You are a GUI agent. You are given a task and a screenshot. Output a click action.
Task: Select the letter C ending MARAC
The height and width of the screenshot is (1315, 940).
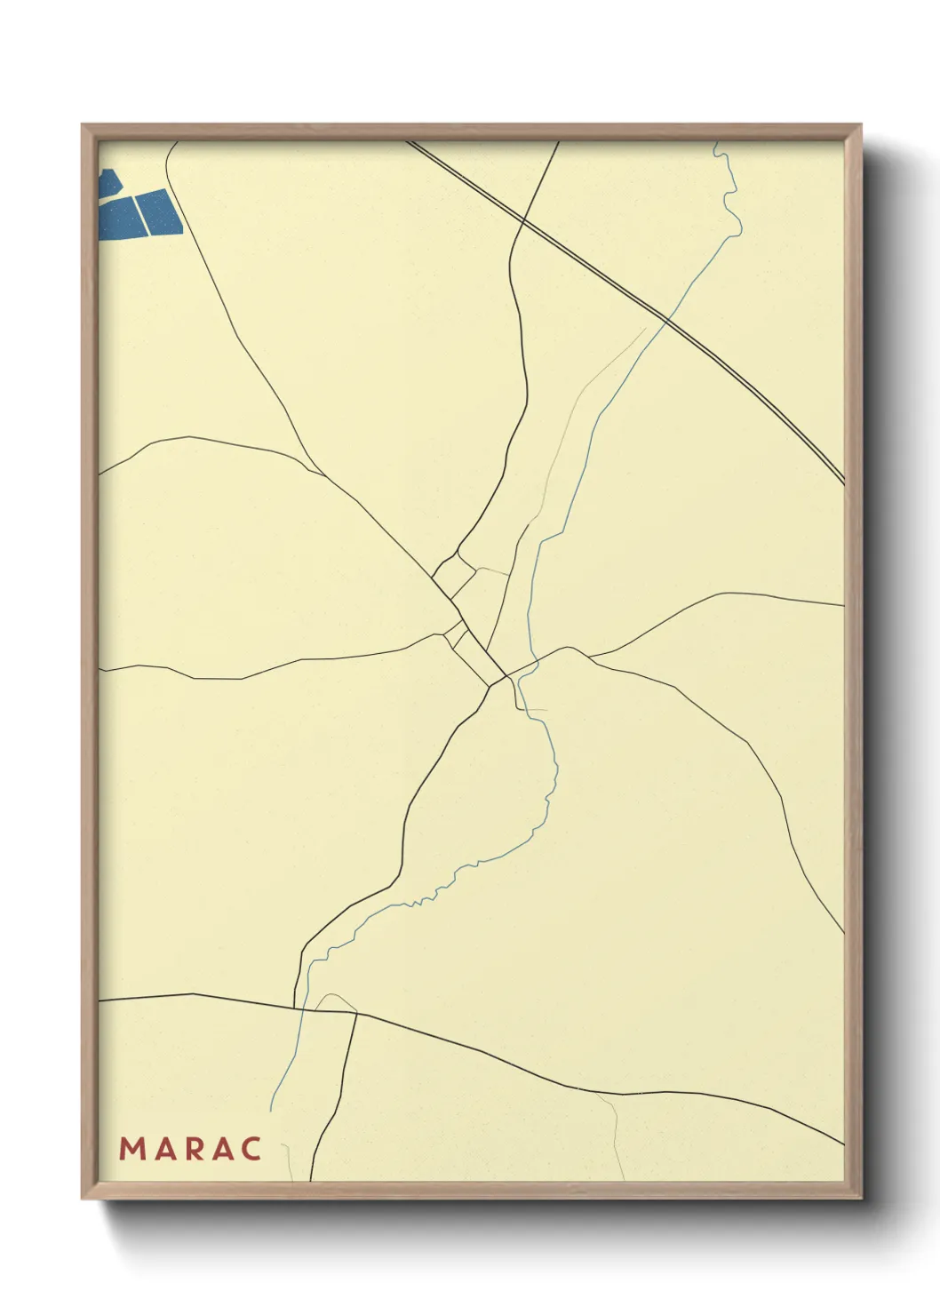251,1149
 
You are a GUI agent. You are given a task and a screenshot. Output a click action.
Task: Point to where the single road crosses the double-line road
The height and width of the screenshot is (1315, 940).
525,219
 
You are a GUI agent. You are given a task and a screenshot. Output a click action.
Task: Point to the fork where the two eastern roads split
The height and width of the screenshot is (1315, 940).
588,657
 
